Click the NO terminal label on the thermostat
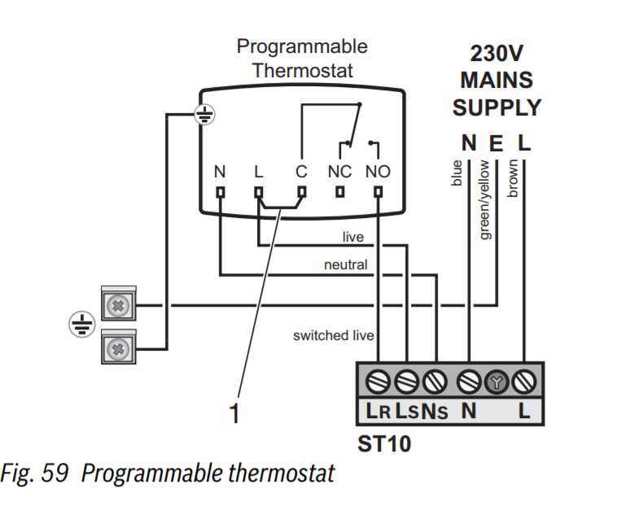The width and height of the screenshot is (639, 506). [x=378, y=172]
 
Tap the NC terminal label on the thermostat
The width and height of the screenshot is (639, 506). [x=339, y=172]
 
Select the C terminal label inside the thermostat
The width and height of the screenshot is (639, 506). [x=301, y=172]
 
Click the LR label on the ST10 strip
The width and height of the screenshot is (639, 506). [x=379, y=411]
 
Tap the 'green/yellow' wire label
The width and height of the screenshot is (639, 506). [x=485, y=199]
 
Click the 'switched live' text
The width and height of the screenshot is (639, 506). [x=334, y=335]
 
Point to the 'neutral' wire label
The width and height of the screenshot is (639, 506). [x=345, y=264]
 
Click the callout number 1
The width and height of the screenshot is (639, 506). [x=234, y=414]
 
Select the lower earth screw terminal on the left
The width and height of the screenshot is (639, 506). [x=119, y=350]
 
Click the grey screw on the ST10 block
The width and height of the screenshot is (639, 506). [x=496, y=380]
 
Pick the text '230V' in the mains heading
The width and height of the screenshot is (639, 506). [x=497, y=54]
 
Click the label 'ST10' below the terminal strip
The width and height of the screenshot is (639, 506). [x=384, y=445]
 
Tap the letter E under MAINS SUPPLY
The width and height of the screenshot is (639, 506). [x=496, y=143]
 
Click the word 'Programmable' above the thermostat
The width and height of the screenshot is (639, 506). [x=302, y=46]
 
